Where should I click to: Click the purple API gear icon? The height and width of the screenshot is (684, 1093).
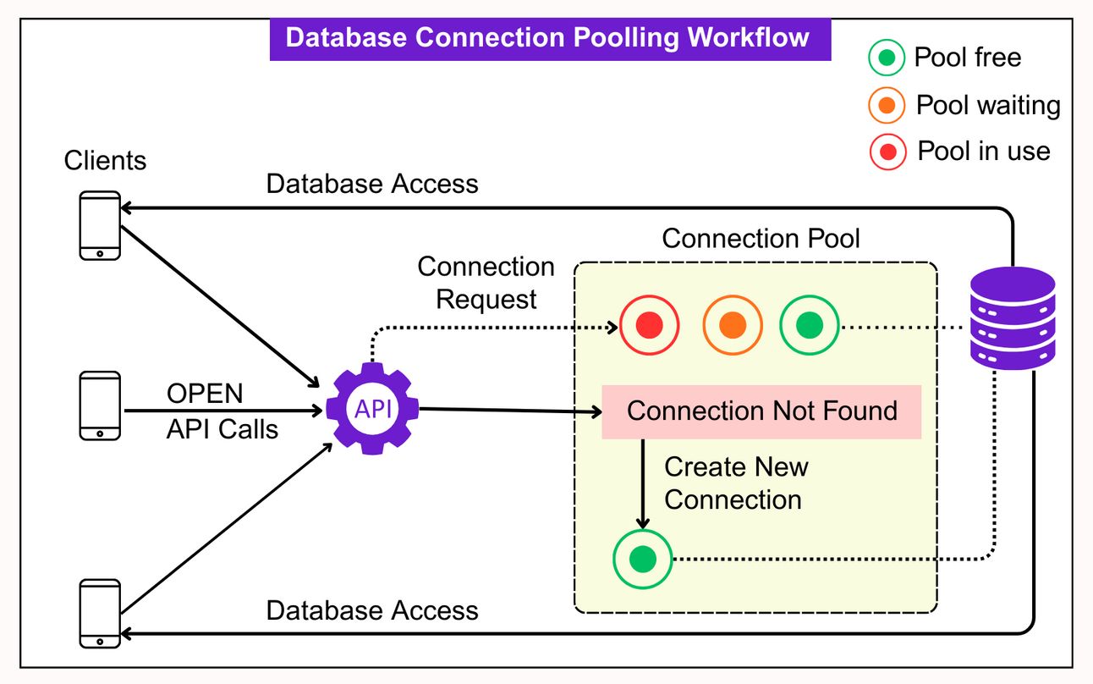[372, 410]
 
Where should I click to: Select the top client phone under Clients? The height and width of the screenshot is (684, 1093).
[100, 225]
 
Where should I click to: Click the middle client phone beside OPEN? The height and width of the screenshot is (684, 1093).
[100, 406]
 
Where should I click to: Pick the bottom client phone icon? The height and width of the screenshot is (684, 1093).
[100, 613]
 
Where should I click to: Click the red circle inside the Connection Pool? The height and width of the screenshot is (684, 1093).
[649, 324]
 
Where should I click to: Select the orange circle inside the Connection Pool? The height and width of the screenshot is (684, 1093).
[733, 324]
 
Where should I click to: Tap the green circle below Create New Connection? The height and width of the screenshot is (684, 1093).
[643, 559]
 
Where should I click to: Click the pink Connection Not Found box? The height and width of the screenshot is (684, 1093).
[761, 412]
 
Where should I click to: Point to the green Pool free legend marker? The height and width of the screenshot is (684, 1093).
[887, 58]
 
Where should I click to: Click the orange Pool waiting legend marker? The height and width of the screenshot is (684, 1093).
[887, 106]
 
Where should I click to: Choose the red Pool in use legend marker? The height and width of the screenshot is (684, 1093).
[887, 152]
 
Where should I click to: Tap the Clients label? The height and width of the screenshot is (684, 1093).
[105, 161]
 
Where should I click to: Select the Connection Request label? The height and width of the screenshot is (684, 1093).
[486, 283]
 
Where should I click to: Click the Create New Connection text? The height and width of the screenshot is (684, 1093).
[735, 483]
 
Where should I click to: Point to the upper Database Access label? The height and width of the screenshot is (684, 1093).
[372, 184]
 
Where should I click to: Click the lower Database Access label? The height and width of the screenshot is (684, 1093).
[372, 610]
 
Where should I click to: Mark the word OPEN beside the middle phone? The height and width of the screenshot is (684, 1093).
[205, 394]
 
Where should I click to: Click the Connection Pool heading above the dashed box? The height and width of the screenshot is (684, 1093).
[761, 239]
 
